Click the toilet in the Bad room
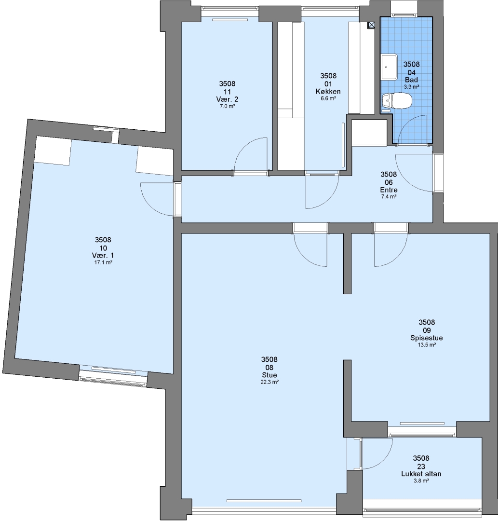coord(397,100)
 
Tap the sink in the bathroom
coord(389,67)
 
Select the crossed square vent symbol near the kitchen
coord(372,25)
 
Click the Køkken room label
coord(328,91)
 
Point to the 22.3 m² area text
coord(269,382)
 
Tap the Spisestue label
coord(427,338)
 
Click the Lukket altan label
coord(421,474)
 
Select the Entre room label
coord(389,190)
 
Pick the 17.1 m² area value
coord(103,262)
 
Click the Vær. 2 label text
coord(227,99)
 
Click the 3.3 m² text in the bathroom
coord(411,87)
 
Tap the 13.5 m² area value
coord(427,345)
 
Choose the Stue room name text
coord(269,375)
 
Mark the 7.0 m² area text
coord(228,106)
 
